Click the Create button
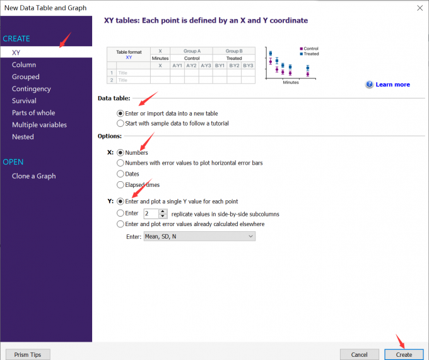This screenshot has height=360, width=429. click(404, 354)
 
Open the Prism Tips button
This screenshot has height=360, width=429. click(28, 354)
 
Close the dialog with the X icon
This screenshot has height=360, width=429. click(420, 8)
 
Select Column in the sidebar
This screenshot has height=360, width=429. click(24, 64)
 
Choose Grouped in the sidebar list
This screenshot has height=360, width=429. click(25, 76)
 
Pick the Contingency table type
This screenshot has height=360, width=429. click(31, 89)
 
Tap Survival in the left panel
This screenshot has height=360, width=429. click(24, 101)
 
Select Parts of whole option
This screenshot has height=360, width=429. click(33, 113)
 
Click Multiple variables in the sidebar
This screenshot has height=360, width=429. click(39, 125)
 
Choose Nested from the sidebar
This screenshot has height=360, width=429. click(23, 136)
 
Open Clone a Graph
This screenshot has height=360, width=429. click(33, 176)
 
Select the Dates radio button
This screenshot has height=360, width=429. click(120, 174)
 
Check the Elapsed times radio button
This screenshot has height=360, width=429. click(120, 185)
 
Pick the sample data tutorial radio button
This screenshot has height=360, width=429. click(120, 123)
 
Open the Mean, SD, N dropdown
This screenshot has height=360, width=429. click(199, 236)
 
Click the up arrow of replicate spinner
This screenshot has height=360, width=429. click(163, 211)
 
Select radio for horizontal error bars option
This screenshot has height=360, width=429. click(120, 163)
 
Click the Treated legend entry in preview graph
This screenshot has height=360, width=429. click(309, 54)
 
